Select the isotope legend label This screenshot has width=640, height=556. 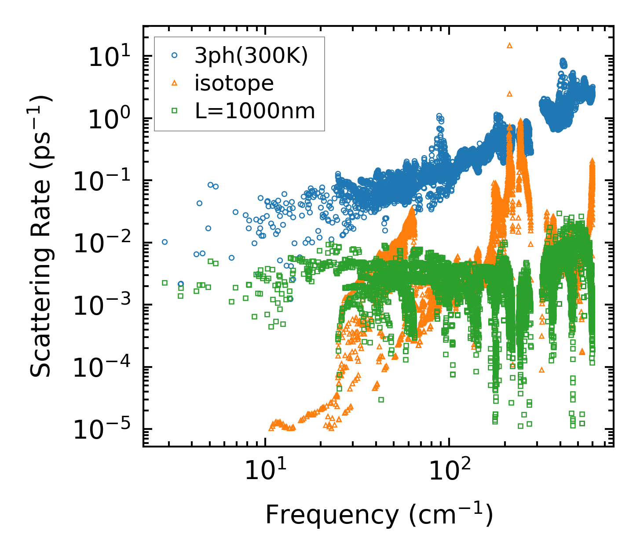pyautogui.click(x=234, y=83)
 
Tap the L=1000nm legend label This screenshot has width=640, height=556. pyautogui.click(x=255, y=111)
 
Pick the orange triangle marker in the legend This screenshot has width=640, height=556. pyautogui.click(x=175, y=83)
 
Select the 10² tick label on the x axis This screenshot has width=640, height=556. pyautogui.click(x=449, y=472)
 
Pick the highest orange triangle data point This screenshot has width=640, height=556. pyautogui.click(x=510, y=45)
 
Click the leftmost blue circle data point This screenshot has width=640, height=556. pyautogui.click(x=165, y=242)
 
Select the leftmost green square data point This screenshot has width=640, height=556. pyautogui.click(x=165, y=283)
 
